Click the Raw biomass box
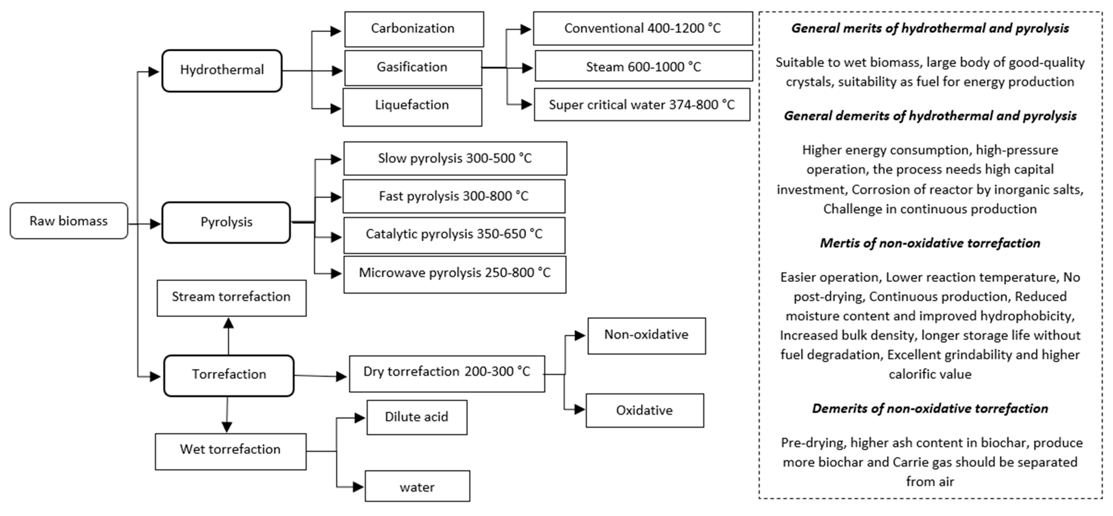69,221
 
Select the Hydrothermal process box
222,70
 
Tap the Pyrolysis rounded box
226,222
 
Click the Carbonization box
413,29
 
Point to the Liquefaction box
412,107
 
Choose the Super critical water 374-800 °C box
642,105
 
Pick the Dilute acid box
416,417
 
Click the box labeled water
417,486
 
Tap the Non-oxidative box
646,336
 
